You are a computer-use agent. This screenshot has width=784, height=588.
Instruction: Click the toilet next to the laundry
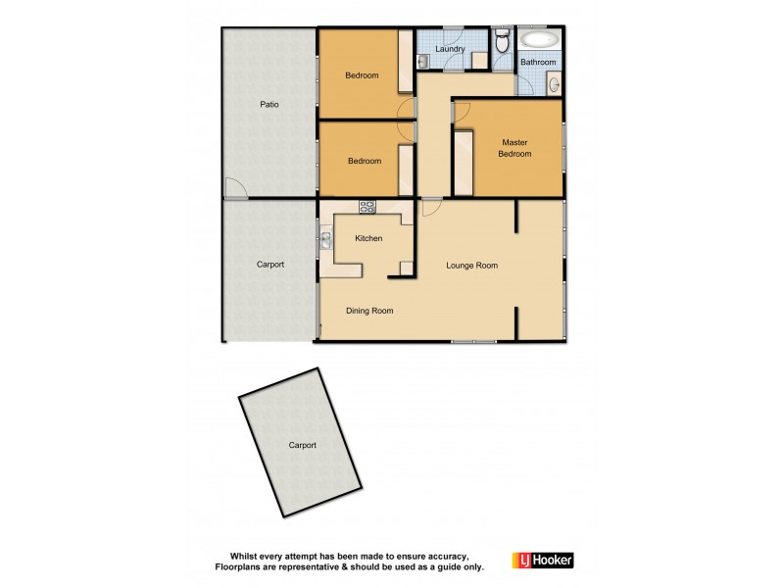coord(502,41)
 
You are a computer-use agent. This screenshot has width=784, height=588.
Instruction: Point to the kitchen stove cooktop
coord(367,207)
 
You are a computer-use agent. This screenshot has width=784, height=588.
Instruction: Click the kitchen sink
coord(325,238)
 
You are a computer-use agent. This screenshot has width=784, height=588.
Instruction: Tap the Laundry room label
coord(450,47)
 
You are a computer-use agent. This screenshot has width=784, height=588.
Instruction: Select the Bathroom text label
coord(538,63)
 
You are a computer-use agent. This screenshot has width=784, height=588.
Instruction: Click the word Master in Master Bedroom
coord(514,142)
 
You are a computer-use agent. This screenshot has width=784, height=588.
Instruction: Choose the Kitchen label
coord(368,238)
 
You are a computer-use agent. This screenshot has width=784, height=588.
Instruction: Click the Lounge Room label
coord(471,266)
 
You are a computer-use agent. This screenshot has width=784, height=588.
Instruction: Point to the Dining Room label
coord(369,311)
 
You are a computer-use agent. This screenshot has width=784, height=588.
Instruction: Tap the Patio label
coord(269,104)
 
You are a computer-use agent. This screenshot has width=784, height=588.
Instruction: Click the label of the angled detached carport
coord(302,445)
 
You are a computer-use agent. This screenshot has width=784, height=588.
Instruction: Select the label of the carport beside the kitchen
coord(269,265)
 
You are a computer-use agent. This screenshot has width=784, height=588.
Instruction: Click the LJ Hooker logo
coord(542,560)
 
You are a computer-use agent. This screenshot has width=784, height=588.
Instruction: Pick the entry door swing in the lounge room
coord(430,208)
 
